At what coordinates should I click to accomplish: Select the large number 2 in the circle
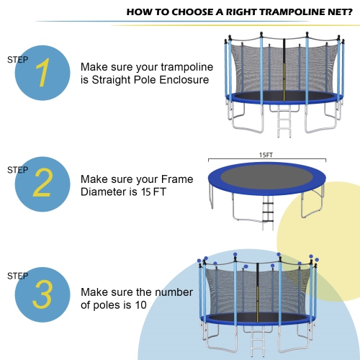(42, 184)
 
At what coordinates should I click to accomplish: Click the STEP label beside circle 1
(17, 60)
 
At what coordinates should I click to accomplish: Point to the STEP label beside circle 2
(17, 170)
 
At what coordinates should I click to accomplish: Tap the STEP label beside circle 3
(17, 276)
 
